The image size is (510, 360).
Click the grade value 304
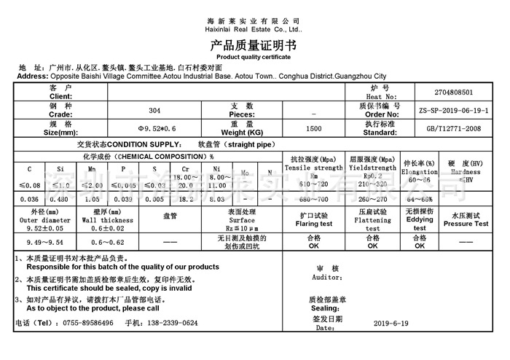pyautogui.click(x=154, y=111)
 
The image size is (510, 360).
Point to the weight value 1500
pyautogui.click(x=314, y=129)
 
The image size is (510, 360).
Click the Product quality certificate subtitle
pyautogui.click(x=254, y=56)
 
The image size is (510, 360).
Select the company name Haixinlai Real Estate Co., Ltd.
pyautogui.click(x=254, y=30)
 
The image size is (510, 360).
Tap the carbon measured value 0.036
pyautogui.click(x=29, y=198)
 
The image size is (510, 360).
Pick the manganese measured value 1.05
pyautogui.click(x=92, y=198)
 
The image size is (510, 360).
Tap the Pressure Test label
pyautogui.click(x=470, y=224)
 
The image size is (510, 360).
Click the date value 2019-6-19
pyautogui.click(x=395, y=323)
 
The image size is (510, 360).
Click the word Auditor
pyautogui.click(x=326, y=278)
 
